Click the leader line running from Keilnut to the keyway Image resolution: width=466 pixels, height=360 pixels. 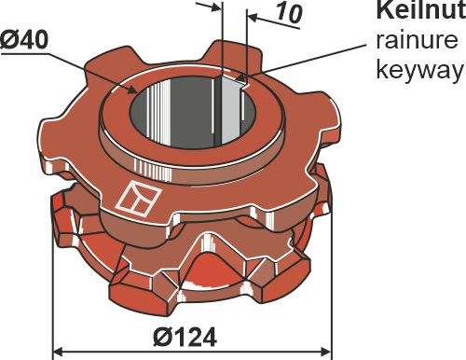tap(308, 60)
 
